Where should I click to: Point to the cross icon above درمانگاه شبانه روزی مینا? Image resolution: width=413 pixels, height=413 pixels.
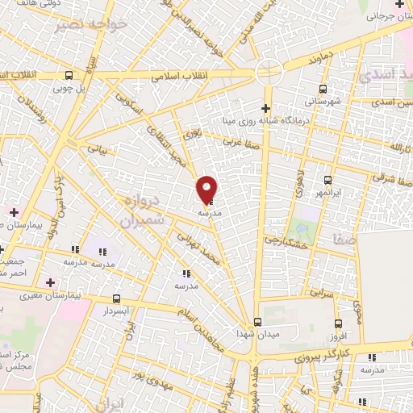(x=266, y=108)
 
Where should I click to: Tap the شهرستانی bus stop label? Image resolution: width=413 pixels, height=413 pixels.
(x=322, y=102)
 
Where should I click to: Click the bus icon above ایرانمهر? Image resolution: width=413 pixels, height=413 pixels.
(x=327, y=181)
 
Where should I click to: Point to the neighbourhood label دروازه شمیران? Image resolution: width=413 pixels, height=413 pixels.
(x=145, y=209)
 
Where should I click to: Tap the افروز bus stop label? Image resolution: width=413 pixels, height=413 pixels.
(x=360, y=334)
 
